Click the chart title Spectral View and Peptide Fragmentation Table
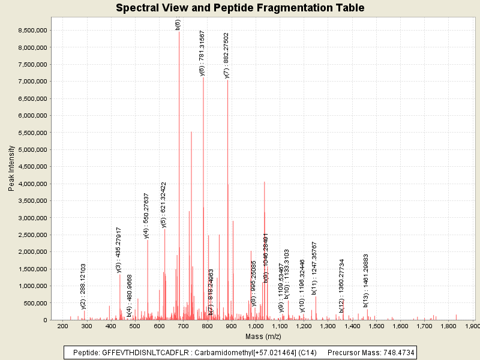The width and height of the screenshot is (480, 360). tap(240, 8)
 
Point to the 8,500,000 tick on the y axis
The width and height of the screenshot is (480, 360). tap(32, 30)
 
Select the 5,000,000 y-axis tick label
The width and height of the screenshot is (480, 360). tap(32, 149)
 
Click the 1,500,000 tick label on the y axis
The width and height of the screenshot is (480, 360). tap(32, 269)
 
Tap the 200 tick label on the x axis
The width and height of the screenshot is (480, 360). tap(62, 326)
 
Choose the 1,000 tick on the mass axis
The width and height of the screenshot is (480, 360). tap(255, 326)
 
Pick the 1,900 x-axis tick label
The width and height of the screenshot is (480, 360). tap(473, 326)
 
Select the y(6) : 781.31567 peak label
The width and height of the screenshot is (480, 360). tap(202, 53)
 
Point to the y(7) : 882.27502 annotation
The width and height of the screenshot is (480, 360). tap(227, 55)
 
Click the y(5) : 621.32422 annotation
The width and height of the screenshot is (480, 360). tap(164, 205)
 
